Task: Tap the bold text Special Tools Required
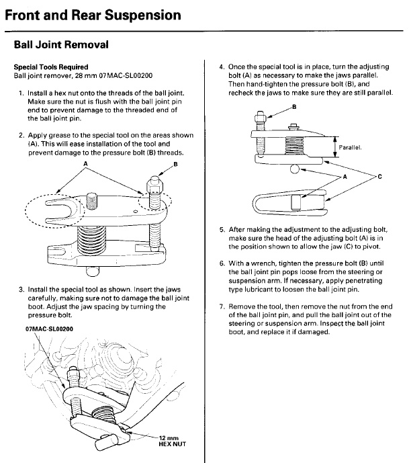tap(50, 67)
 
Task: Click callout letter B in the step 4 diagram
tap(293, 106)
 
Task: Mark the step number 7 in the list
tap(222, 306)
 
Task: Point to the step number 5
tap(222, 229)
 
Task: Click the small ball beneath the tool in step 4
tap(295, 169)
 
